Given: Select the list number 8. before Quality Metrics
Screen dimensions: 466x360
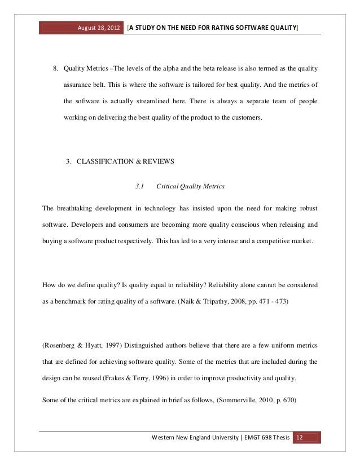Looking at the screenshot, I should click(56, 70).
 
